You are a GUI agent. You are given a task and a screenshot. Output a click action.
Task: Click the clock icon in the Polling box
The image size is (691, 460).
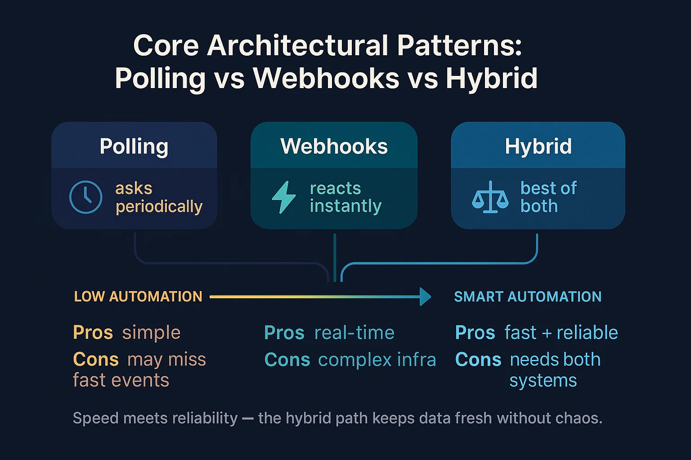pos(86,197)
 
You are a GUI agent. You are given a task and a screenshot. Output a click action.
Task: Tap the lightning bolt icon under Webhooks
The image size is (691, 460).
pos(284,197)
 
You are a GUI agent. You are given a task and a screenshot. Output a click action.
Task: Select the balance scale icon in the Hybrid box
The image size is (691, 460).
pos(490,197)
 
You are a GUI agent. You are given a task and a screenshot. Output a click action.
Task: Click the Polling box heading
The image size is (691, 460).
pos(134,146)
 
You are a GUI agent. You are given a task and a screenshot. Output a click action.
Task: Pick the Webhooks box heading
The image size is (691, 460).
pos(334,146)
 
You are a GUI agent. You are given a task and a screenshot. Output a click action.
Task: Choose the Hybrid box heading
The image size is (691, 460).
pos(538,146)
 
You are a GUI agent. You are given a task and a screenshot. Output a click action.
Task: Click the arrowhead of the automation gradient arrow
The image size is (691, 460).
pos(425,296)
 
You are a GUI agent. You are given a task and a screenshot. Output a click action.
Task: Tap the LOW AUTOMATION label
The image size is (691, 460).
pos(138,296)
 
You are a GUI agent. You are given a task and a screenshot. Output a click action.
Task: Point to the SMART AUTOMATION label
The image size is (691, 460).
pos(528,296)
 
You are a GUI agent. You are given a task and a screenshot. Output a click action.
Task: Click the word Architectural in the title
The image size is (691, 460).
pos(296,46)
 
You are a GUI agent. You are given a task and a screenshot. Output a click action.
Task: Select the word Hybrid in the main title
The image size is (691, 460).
pos(492,79)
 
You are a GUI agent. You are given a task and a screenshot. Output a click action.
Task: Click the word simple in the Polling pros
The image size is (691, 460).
pos(151,333)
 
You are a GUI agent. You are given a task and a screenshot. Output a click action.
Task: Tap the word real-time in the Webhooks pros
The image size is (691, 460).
pos(354,333)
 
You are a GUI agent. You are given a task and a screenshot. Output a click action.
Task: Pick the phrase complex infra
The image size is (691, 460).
pos(377,360)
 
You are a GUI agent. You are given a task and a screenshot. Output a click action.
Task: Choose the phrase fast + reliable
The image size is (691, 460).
pos(561,333)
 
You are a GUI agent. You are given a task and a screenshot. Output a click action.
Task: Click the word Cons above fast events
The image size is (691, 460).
pos(96,359)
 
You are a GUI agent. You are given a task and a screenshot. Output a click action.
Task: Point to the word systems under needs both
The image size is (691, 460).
pos(543,381)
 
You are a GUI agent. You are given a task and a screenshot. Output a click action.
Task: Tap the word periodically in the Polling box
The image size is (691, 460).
pos(159,207)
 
